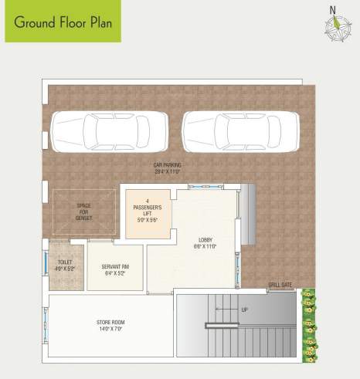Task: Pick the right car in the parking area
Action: point(240,130)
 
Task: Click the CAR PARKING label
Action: point(166,165)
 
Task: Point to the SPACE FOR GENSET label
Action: point(84,211)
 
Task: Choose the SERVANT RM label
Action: point(114,267)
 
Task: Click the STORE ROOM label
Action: point(111,322)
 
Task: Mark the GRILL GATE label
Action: point(280,285)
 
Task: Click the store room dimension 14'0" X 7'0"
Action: point(111,329)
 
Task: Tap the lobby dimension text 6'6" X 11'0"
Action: point(205,247)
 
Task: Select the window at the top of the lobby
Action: point(203,186)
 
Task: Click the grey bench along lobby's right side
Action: point(249,215)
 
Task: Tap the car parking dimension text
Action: point(166,172)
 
